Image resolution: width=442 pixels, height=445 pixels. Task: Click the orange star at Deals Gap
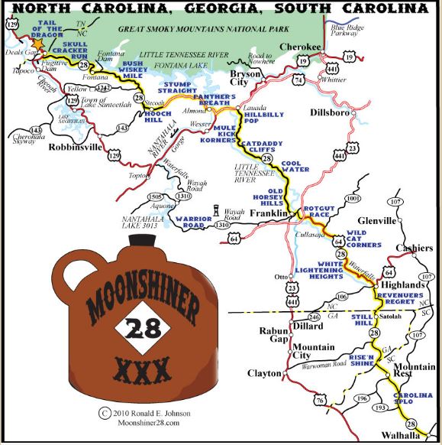[36, 44]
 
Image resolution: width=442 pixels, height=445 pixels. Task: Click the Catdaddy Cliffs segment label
[263, 147]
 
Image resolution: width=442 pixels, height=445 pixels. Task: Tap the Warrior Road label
[193, 223]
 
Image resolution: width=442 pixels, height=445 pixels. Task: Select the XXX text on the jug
[144, 372]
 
